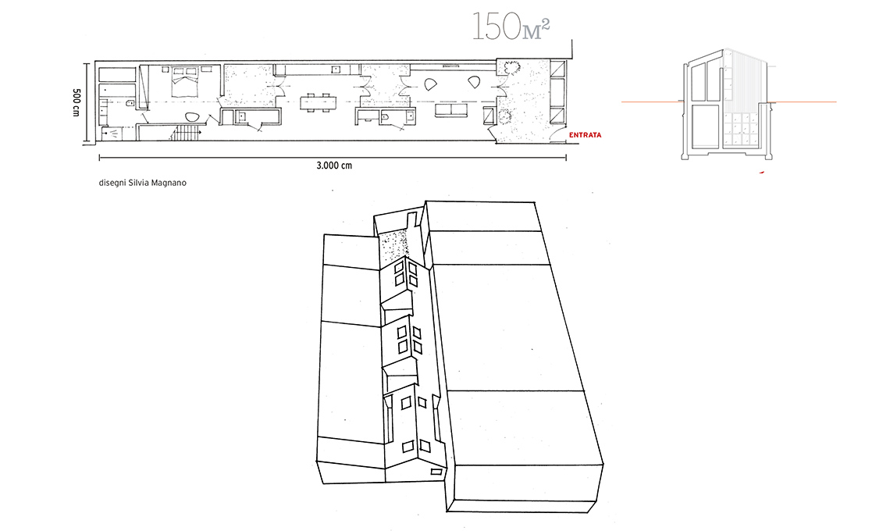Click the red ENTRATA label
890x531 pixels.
click(x=585, y=135)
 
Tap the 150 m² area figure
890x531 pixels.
click(x=511, y=27)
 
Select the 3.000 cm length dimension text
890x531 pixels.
click(x=334, y=166)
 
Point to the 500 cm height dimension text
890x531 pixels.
click(x=76, y=102)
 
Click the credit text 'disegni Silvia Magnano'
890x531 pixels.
click(x=142, y=183)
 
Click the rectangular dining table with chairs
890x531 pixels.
click(x=318, y=103)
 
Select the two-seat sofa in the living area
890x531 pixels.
click(x=451, y=109)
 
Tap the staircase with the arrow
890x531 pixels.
click(x=186, y=134)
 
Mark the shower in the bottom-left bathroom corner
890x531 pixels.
click(x=112, y=134)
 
